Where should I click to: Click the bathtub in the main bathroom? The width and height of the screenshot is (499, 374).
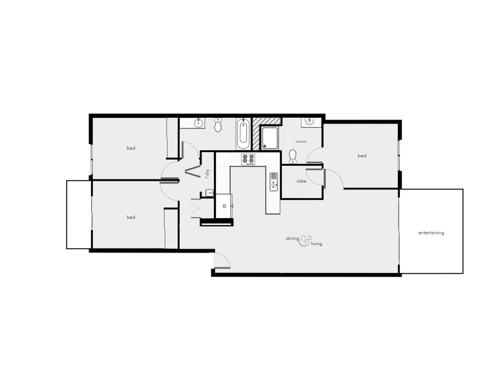[x=243, y=133]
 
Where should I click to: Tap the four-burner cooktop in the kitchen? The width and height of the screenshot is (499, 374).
[x=248, y=159]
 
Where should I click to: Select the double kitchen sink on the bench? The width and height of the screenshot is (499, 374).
[x=273, y=181]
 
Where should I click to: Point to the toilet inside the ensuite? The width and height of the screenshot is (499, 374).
[x=293, y=155]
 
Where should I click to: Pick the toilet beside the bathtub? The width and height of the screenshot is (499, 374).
[x=218, y=125]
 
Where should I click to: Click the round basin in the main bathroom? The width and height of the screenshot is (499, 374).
[x=199, y=122]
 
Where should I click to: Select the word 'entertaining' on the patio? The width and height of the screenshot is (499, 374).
[x=431, y=233]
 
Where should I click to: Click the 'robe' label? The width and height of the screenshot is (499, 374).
[x=301, y=181]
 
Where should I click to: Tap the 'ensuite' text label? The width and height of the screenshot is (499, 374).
[x=301, y=141]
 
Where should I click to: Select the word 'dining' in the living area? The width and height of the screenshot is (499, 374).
[x=293, y=238]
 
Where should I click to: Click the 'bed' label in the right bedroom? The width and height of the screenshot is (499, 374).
[x=362, y=155]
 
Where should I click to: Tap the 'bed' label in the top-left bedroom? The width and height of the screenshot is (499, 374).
[x=131, y=148]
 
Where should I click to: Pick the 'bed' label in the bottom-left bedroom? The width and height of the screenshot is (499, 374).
[x=131, y=217]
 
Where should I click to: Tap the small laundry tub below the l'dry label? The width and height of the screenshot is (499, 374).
[x=210, y=192]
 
